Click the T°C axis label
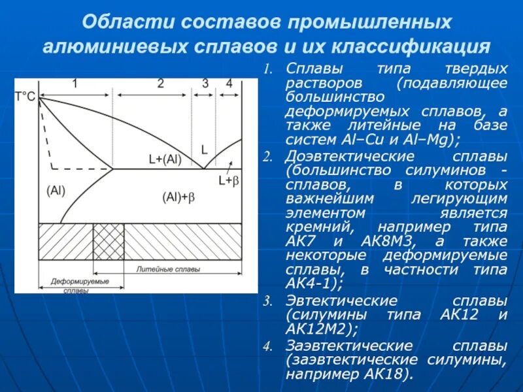pos(25,96)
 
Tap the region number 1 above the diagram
pos(75,84)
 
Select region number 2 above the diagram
pos(160,84)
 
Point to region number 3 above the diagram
pos(205,84)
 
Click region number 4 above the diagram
pos(229,84)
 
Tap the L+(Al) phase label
pos(165,159)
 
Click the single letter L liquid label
pos(204,149)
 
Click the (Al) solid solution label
pos(57,189)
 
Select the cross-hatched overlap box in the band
pos(108,242)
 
